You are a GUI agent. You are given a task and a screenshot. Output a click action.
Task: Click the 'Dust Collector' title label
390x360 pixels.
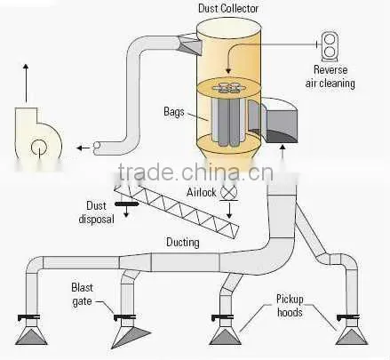coord(228,8)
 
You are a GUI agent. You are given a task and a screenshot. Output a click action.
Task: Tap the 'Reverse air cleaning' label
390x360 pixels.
coord(330,76)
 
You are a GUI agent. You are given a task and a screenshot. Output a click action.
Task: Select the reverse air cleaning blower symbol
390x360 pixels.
coord(330,47)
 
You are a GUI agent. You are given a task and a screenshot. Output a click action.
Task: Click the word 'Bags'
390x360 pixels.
coord(174,112)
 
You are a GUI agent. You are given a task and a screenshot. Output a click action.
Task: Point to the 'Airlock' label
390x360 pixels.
coord(202,193)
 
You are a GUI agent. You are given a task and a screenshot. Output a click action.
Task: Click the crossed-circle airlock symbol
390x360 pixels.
coord(229,192)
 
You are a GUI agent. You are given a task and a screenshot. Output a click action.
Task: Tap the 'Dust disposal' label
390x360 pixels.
coord(96,212)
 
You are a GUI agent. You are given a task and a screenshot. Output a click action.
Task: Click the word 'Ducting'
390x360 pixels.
coord(183,243)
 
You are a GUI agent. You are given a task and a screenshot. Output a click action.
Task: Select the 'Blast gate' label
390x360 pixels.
coord(82,294)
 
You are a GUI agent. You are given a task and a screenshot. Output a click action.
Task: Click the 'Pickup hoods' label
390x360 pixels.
coord(290,306)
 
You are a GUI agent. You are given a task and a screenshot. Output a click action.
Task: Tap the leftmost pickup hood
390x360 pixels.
coord(31,335)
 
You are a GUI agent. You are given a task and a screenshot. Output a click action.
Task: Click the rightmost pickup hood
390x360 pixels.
coord(352,336)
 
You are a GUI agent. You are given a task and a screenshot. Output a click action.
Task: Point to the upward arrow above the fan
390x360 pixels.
coord(26,83)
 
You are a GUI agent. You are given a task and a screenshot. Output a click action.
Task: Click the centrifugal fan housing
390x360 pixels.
coord(37,138)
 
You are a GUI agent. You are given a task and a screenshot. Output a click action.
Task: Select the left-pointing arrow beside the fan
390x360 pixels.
coord(84,148)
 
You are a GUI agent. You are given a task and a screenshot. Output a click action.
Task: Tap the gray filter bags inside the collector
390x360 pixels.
coord(228,122)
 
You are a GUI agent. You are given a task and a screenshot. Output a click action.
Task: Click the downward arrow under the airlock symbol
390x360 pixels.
coord(229,211)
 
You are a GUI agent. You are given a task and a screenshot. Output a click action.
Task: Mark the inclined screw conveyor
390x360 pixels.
coord(177,207)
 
